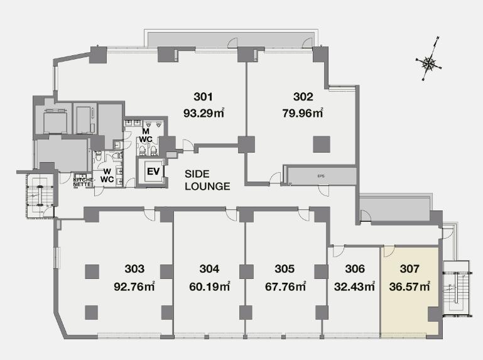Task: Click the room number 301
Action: (203, 97)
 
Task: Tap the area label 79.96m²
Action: (303, 113)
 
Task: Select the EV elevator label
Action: (153, 172)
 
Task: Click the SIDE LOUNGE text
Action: (207, 180)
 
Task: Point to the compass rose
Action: (428, 63)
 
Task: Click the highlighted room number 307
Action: (409, 269)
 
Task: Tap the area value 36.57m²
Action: (410, 286)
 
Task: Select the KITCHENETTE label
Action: (82, 182)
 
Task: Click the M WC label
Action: (145, 135)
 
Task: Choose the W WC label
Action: (107, 175)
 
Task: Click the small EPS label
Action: (321, 176)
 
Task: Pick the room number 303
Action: (134, 269)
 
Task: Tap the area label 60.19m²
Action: (209, 286)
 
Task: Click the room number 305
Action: (285, 269)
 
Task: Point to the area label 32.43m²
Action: (354, 286)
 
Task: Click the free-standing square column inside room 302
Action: (322, 145)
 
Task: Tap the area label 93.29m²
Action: (204, 113)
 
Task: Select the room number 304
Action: (209, 269)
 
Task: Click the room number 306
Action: (355, 269)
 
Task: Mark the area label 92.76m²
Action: (134, 286)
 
